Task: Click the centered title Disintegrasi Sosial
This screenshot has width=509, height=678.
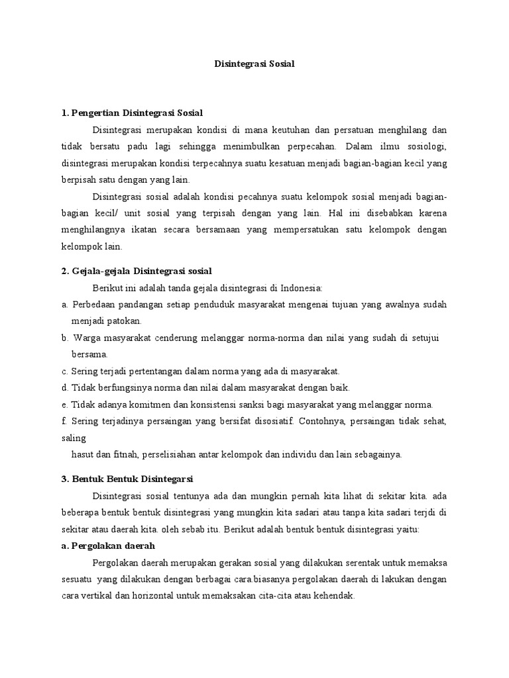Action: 254,64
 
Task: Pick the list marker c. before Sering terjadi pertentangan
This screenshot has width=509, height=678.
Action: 64,371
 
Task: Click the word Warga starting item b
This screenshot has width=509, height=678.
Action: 87,338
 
